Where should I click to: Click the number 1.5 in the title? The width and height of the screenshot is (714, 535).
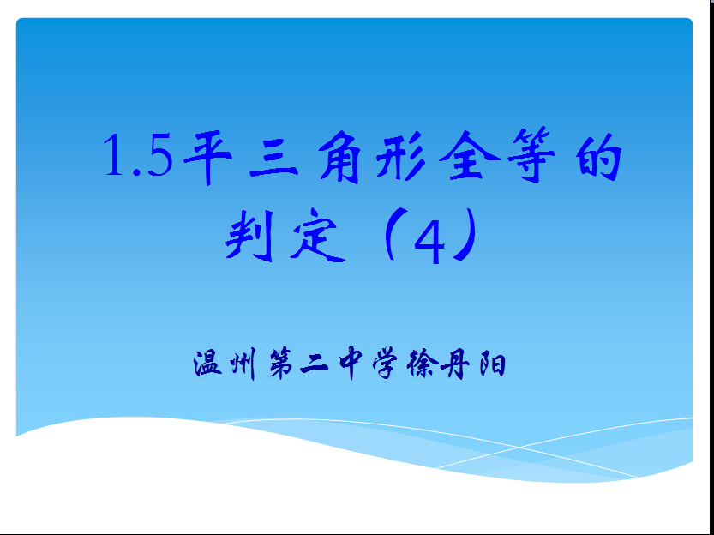(x=138, y=155)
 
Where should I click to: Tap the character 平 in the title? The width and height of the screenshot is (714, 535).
(x=208, y=157)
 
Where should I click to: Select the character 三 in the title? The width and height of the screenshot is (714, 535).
(x=273, y=157)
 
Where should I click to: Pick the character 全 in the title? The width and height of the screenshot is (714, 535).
(x=469, y=156)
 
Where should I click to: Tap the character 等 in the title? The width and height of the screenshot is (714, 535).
(x=531, y=156)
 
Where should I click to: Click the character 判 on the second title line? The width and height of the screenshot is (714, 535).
(x=250, y=235)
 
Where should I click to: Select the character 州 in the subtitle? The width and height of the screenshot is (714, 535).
(x=243, y=364)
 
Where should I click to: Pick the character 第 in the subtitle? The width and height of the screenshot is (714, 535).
(x=281, y=364)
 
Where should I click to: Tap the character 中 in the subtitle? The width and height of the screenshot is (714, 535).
(x=351, y=364)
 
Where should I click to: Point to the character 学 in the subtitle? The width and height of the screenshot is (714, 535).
(x=385, y=364)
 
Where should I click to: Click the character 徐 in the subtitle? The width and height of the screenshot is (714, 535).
(x=423, y=364)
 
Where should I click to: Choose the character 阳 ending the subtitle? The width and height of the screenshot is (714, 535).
(x=492, y=364)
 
